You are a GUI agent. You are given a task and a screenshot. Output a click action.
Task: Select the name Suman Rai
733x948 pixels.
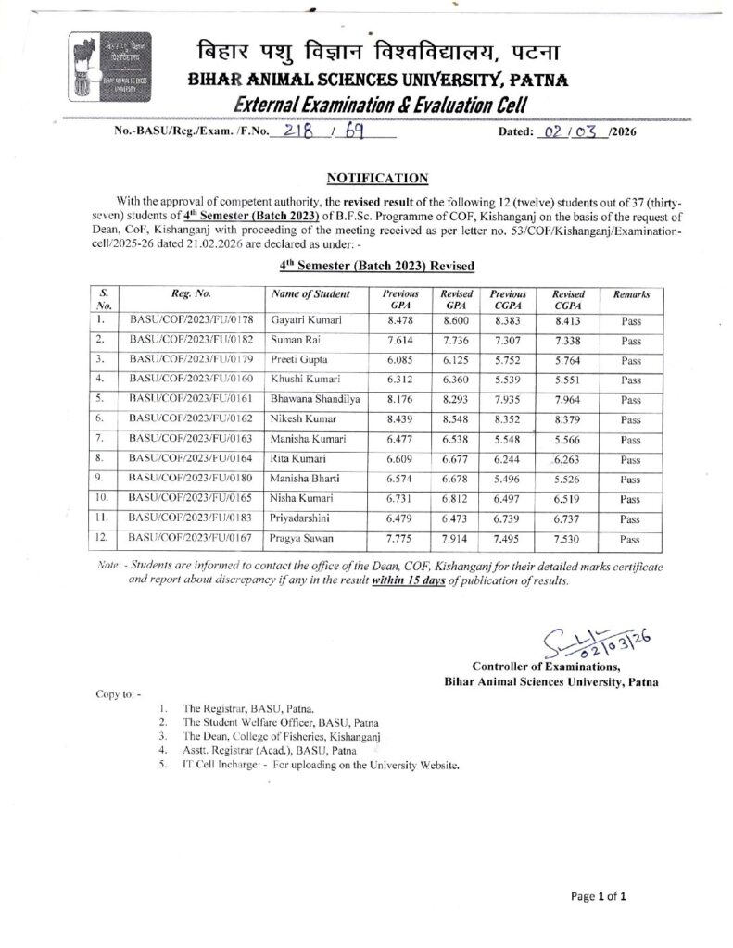click(x=290, y=341)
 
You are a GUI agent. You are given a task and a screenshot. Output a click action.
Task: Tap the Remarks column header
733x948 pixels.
click(x=630, y=293)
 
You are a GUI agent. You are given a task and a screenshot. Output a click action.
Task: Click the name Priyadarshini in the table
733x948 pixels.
click(x=298, y=520)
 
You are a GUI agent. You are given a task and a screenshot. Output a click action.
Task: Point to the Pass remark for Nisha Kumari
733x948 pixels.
click(x=630, y=500)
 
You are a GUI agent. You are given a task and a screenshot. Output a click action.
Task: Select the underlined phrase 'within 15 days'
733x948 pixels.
click(x=410, y=581)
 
